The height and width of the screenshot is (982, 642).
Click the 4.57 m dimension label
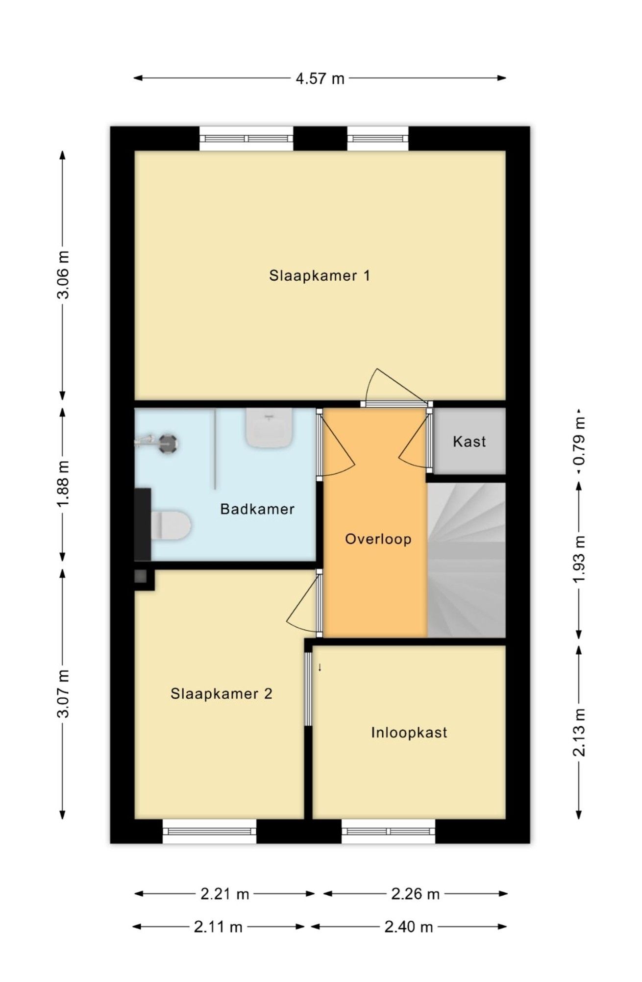point(320,78)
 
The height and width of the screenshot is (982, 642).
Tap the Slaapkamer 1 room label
point(320,275)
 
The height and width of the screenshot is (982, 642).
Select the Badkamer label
point(257,509)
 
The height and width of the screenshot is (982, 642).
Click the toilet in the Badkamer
point(171,525)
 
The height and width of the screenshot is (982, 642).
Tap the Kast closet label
point(469,442)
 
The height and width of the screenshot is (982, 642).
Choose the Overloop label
point(378,539)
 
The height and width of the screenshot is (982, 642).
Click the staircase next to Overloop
point(466,560)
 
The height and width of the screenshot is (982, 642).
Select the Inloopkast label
point(409,733)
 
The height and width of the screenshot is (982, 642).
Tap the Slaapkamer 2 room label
point(221,693)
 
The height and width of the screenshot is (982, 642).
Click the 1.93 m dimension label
point(580,559)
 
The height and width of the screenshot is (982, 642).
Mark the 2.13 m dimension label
point(580,733)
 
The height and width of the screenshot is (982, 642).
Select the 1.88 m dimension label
point(64,485)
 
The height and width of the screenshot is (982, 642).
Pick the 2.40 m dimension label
point(409,927)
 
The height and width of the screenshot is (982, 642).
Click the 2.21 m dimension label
point(225,894)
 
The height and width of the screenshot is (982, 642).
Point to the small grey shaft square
point(141,576)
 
